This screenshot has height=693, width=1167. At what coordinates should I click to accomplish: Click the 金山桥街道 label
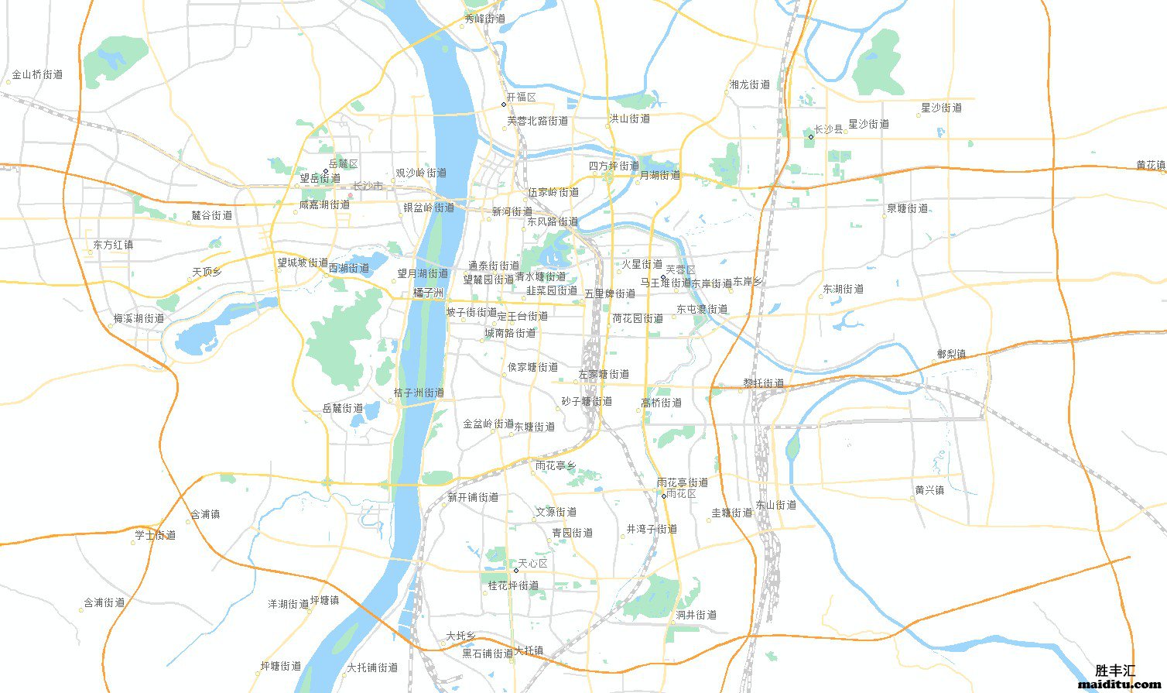coord(37,75)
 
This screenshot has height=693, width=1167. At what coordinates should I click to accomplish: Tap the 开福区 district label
coord(521,98)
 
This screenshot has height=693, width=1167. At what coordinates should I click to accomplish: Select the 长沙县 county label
coord(828,130)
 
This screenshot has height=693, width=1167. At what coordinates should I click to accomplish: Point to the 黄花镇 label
coord(1151,165)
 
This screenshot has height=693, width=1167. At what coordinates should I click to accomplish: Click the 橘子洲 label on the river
coord(428,293)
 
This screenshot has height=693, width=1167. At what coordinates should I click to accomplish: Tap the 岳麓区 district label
coord(343,164)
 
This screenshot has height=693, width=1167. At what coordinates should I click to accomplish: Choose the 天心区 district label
coord(532,564)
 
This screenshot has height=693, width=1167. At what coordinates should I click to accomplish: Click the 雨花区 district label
coord(681,494)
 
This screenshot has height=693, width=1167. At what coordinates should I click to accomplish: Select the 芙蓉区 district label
coord(680,269)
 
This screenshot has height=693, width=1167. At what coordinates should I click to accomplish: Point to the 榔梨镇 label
coord(951,354)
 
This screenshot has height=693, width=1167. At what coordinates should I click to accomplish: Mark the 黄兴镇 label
coord(929,490)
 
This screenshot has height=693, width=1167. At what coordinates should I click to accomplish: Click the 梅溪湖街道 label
coord(139,318)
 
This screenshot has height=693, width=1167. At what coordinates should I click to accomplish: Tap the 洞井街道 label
coord(696,615)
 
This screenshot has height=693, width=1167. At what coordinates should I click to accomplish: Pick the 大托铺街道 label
coord(372,667)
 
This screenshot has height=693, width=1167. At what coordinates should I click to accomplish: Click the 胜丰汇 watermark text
coord(1115,671)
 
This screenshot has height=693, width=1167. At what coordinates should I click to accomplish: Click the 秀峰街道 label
coord(485,19)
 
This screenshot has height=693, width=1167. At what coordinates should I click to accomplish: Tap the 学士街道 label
coord(155,535)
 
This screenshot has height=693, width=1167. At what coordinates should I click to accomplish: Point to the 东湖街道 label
coord(843,289)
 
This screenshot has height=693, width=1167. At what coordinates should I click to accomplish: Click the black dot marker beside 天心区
coord(516,571)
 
